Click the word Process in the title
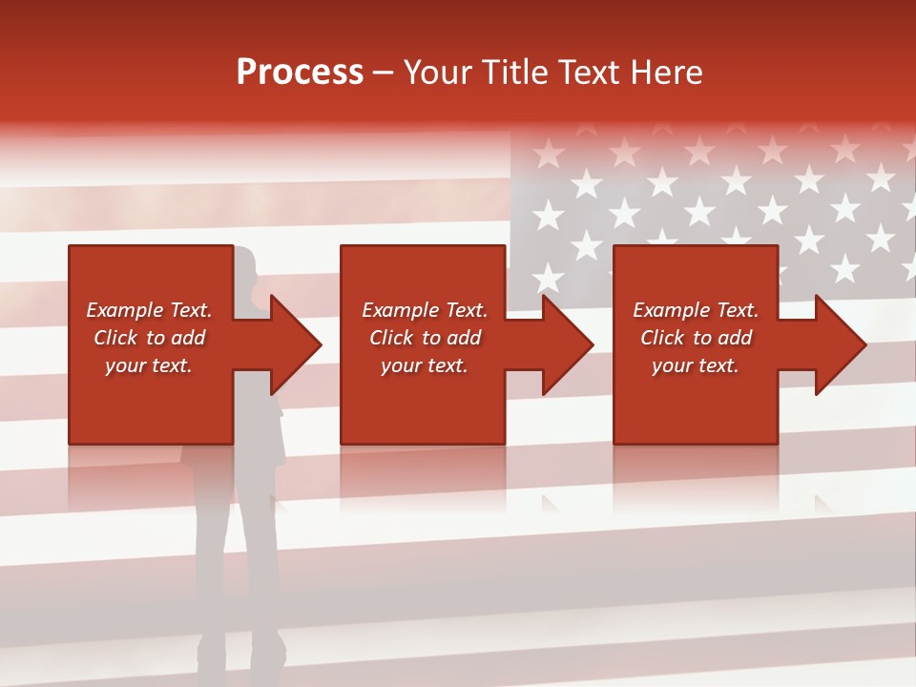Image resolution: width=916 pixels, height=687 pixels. pos(300,73)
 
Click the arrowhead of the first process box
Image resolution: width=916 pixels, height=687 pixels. pos(294,344)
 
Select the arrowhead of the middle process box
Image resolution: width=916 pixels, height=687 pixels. pos(566,344)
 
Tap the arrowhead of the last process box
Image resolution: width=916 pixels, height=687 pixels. pos(839,344)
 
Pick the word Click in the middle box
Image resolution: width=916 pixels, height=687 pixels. pos(392,338)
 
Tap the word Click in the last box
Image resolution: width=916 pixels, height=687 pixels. pos(663,338)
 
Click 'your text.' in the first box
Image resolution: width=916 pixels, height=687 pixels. pos(148,365)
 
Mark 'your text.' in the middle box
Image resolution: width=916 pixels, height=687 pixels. pos(424,365)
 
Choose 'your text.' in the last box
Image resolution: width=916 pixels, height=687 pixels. pos(695,365)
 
